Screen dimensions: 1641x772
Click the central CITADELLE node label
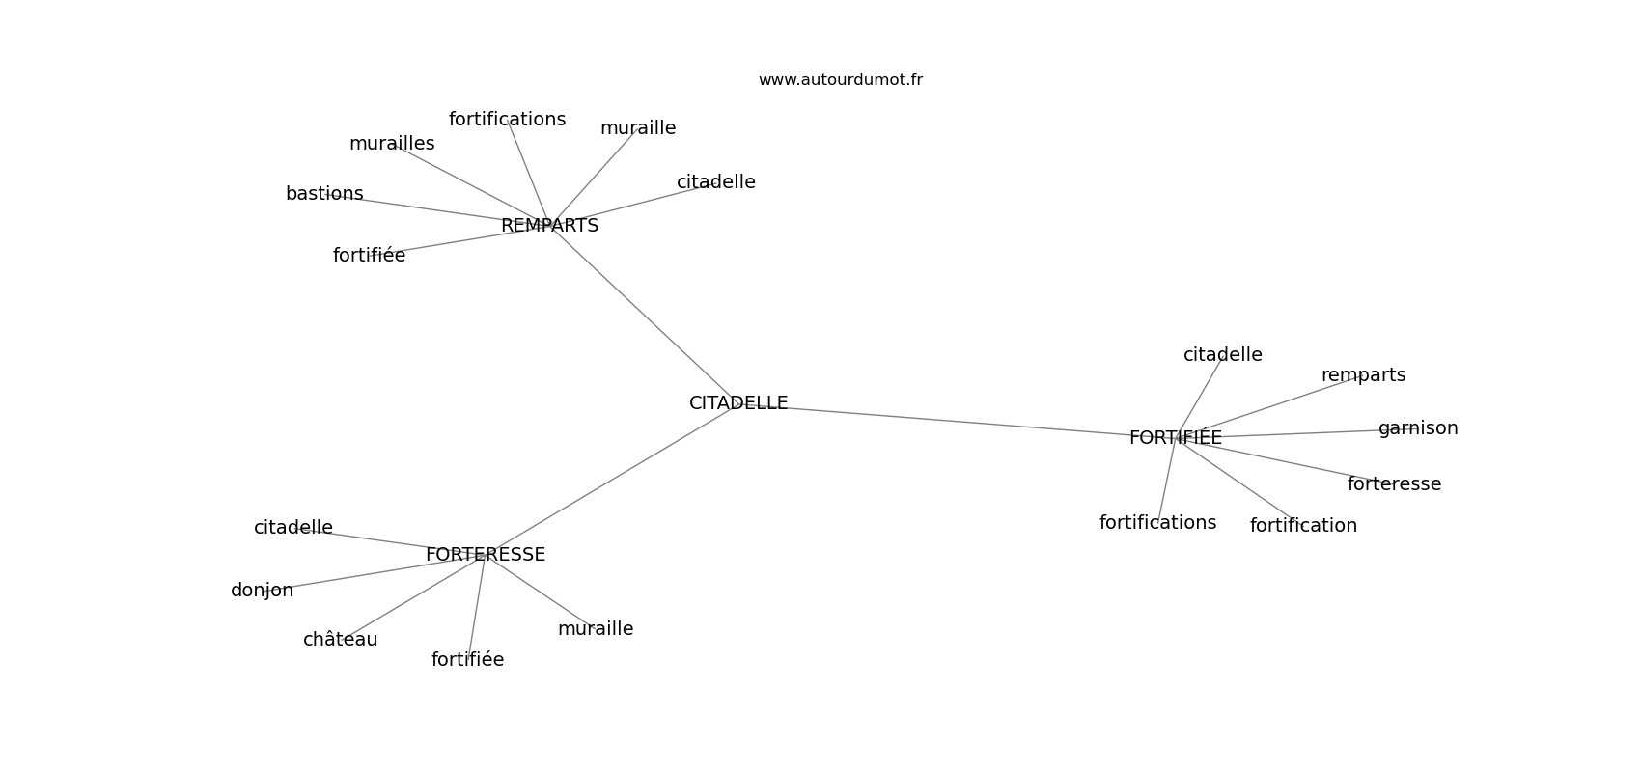pos(738,402)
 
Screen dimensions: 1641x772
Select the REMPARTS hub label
pos(549,226)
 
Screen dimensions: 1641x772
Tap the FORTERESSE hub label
pos(485,555)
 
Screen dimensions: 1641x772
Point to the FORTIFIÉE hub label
pos(1175,437)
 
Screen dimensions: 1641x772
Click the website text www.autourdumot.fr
pos(840,80)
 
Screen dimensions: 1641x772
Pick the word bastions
pos(324,193)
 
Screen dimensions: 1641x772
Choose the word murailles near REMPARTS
pos(392,144)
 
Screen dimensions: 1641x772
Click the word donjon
pos(262,591)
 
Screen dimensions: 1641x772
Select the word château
pos(340,640)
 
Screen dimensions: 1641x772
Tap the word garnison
pos(1418,427)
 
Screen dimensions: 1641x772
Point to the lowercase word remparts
pos(1363,375)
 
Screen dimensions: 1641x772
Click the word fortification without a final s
pos(1303,525)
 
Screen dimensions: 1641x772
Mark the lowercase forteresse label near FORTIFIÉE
pos(1394,484)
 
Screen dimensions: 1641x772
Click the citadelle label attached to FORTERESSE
pos(293,527)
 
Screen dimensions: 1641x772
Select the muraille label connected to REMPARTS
pos(638,128)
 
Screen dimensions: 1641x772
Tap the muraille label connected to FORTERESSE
pos(596,628)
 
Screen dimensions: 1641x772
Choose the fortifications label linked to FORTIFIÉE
pos(1157,522)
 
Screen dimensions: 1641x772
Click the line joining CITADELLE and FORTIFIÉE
pos(953,421)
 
